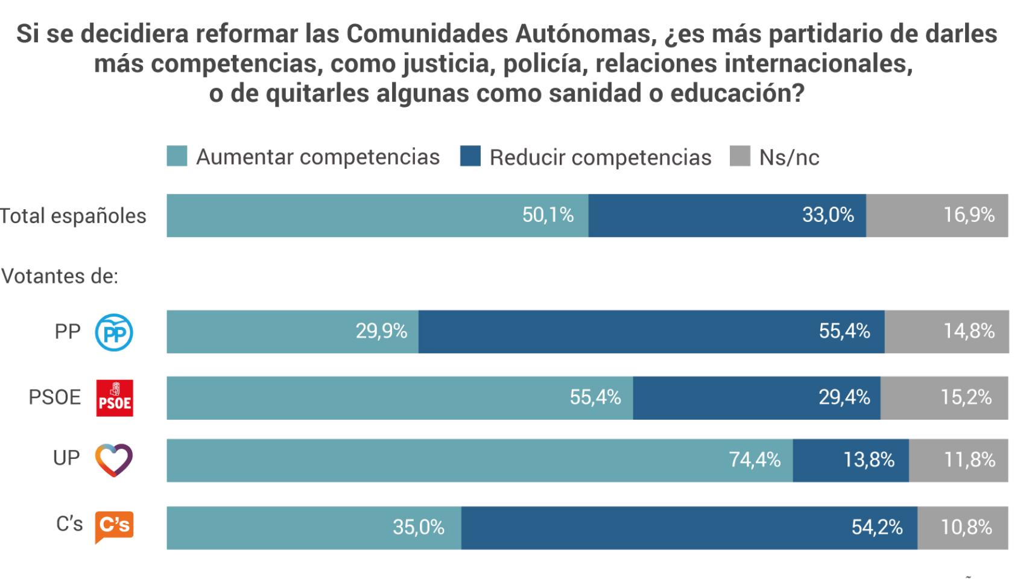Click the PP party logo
click(114, 332)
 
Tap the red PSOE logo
click(115, 398)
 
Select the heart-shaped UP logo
click(114, 460)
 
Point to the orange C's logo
click(114, 526)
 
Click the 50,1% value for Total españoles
click(548, 215)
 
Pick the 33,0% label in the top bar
click(828, 215)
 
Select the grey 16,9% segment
click(937, 215)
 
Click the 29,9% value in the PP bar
click(381, 331)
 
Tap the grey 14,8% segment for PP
click(946, 332)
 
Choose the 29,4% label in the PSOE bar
click(844, 397)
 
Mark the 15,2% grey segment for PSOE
click(944, 398)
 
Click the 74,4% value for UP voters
click(755, 460)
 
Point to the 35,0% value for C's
click(419, 527)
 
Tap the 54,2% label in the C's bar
click(876, 527)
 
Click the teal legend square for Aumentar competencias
click(177, 156)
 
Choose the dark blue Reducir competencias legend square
click(470, 156)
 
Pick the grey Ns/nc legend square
click(739, 156)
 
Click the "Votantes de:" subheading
click(60, 276)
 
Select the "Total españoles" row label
click(73, 215)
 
